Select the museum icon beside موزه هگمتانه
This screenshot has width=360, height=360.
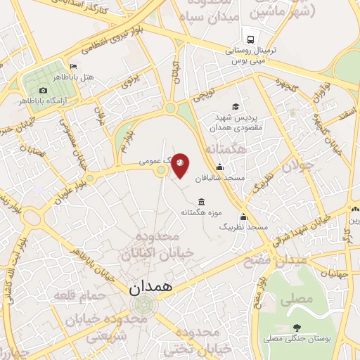[202, 202]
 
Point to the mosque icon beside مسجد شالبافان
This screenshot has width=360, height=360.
[220, 167]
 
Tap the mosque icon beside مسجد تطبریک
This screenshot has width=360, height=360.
[244, 217]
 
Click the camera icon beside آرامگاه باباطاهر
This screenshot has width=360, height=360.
[43, 91]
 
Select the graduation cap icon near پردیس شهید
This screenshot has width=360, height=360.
[235, 106]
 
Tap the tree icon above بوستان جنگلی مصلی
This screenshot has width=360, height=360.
[297, 327]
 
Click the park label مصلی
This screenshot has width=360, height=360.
[297, 299]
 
